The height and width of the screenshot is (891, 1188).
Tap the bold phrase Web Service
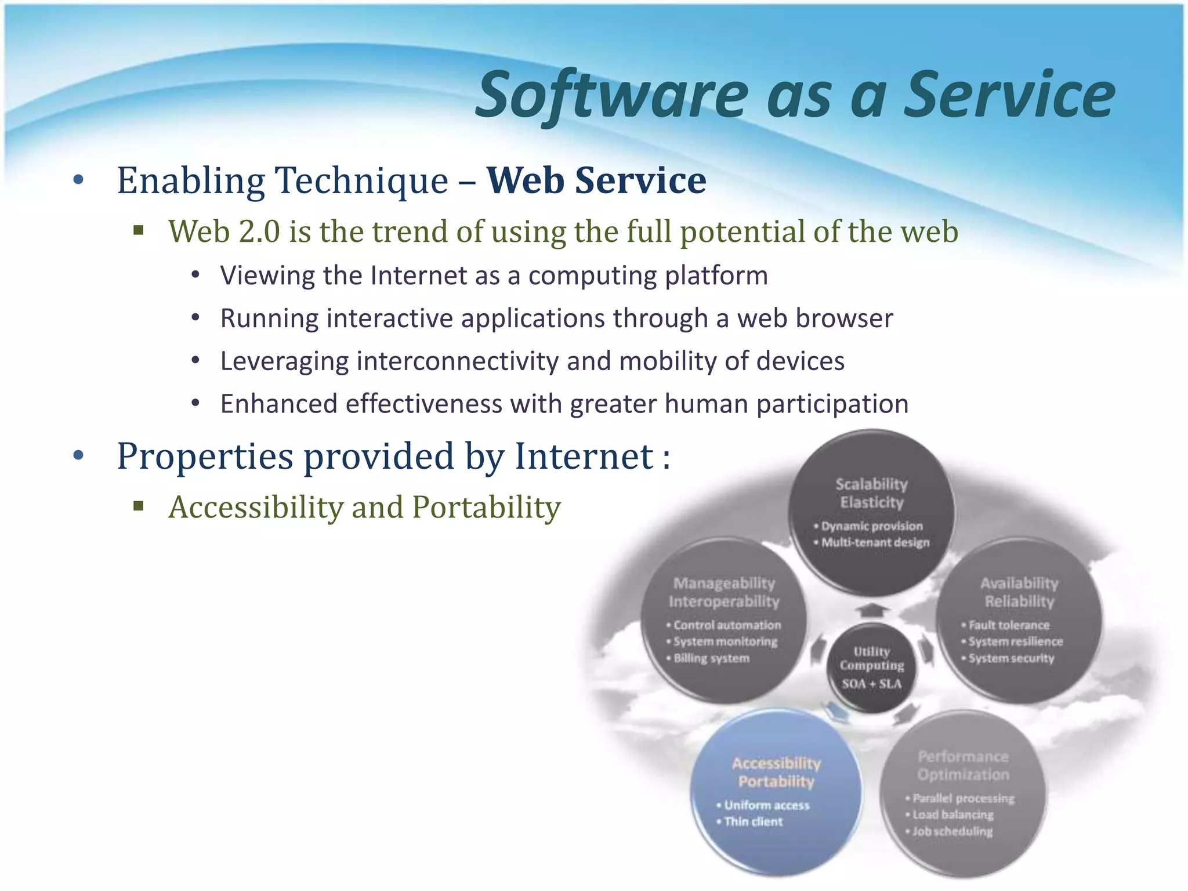596,180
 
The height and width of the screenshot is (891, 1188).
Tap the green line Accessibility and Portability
364,508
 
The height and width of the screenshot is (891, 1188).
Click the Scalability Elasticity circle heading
871,493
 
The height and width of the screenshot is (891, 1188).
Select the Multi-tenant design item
875,542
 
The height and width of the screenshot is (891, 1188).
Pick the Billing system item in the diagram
711,658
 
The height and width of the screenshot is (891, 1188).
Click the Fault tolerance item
1009,625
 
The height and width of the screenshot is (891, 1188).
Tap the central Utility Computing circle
871,667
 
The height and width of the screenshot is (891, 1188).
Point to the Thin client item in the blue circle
753,821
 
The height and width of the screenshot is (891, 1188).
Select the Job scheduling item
952,831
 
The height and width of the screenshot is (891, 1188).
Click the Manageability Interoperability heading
724,592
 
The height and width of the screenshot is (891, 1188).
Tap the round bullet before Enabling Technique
79,180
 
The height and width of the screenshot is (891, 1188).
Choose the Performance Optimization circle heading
963,765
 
